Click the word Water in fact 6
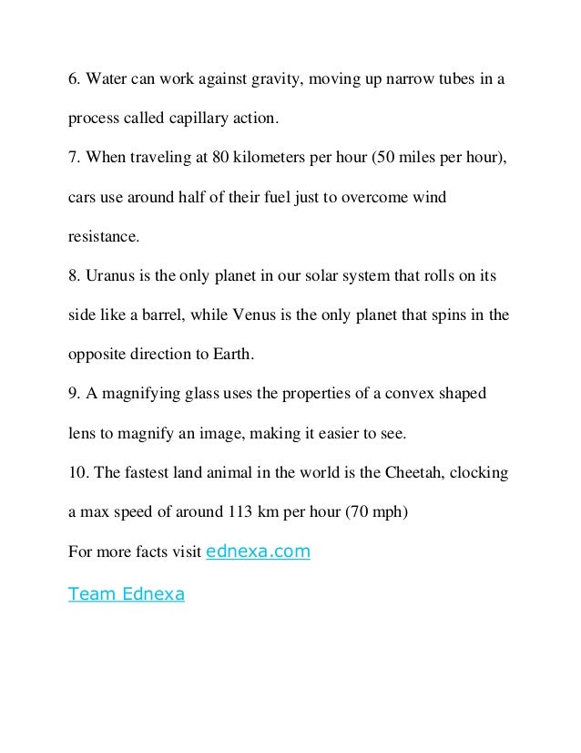(106, 80)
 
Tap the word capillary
(199, 119)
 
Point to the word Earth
(228, 355)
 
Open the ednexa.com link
(260, 552)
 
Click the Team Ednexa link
(127, 594)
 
